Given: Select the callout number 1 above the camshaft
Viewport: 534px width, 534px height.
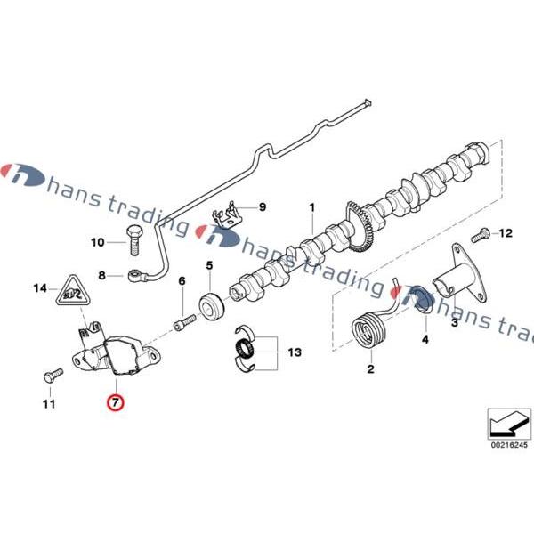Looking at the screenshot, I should (x=312, y=209).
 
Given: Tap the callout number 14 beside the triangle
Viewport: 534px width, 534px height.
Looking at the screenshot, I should (x=39, y=287).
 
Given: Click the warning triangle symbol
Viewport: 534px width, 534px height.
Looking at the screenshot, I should (x=72, y=290).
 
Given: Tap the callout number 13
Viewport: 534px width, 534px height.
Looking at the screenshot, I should (x=294, y=353).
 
